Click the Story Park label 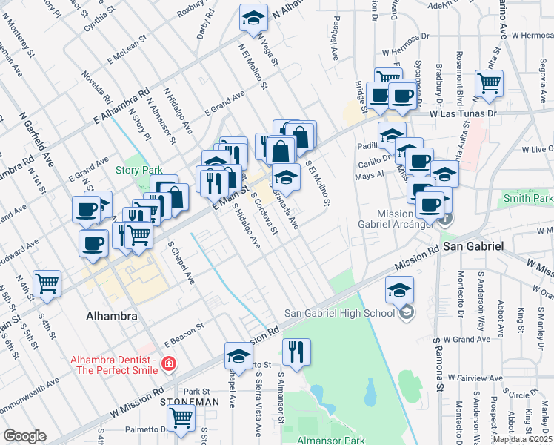tap(138, 170)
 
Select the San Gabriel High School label tap(340, 313)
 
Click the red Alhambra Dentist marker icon tap(169, 363)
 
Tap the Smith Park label tap(528, 198)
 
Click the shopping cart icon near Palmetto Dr tap(181, 419)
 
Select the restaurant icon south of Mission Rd tap(296, 352)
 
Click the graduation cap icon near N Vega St tap(253, 18)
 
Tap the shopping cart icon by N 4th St tap(47, 283)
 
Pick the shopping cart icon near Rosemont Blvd tap(489, 83)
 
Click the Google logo tap(24, 436)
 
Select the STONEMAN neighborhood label tap(190, 401)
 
